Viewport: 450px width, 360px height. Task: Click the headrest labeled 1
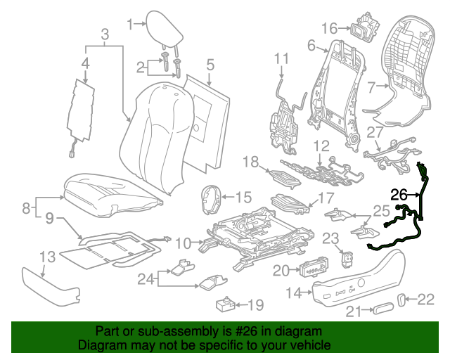(x=164, y=26)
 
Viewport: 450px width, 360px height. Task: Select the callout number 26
(x=399, y=195)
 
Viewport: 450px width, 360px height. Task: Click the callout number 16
(x=330, y=28)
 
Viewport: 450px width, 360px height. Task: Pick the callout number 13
(x=47, y=257)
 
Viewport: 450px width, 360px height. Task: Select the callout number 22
(x=427, y=300)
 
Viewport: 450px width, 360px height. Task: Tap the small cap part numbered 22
(x=403, y=300)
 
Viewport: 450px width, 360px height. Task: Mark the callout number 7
(x=373, y=87)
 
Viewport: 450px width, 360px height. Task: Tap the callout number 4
(x=85, y=65)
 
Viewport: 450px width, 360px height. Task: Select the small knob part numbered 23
(x=346, y=259)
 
